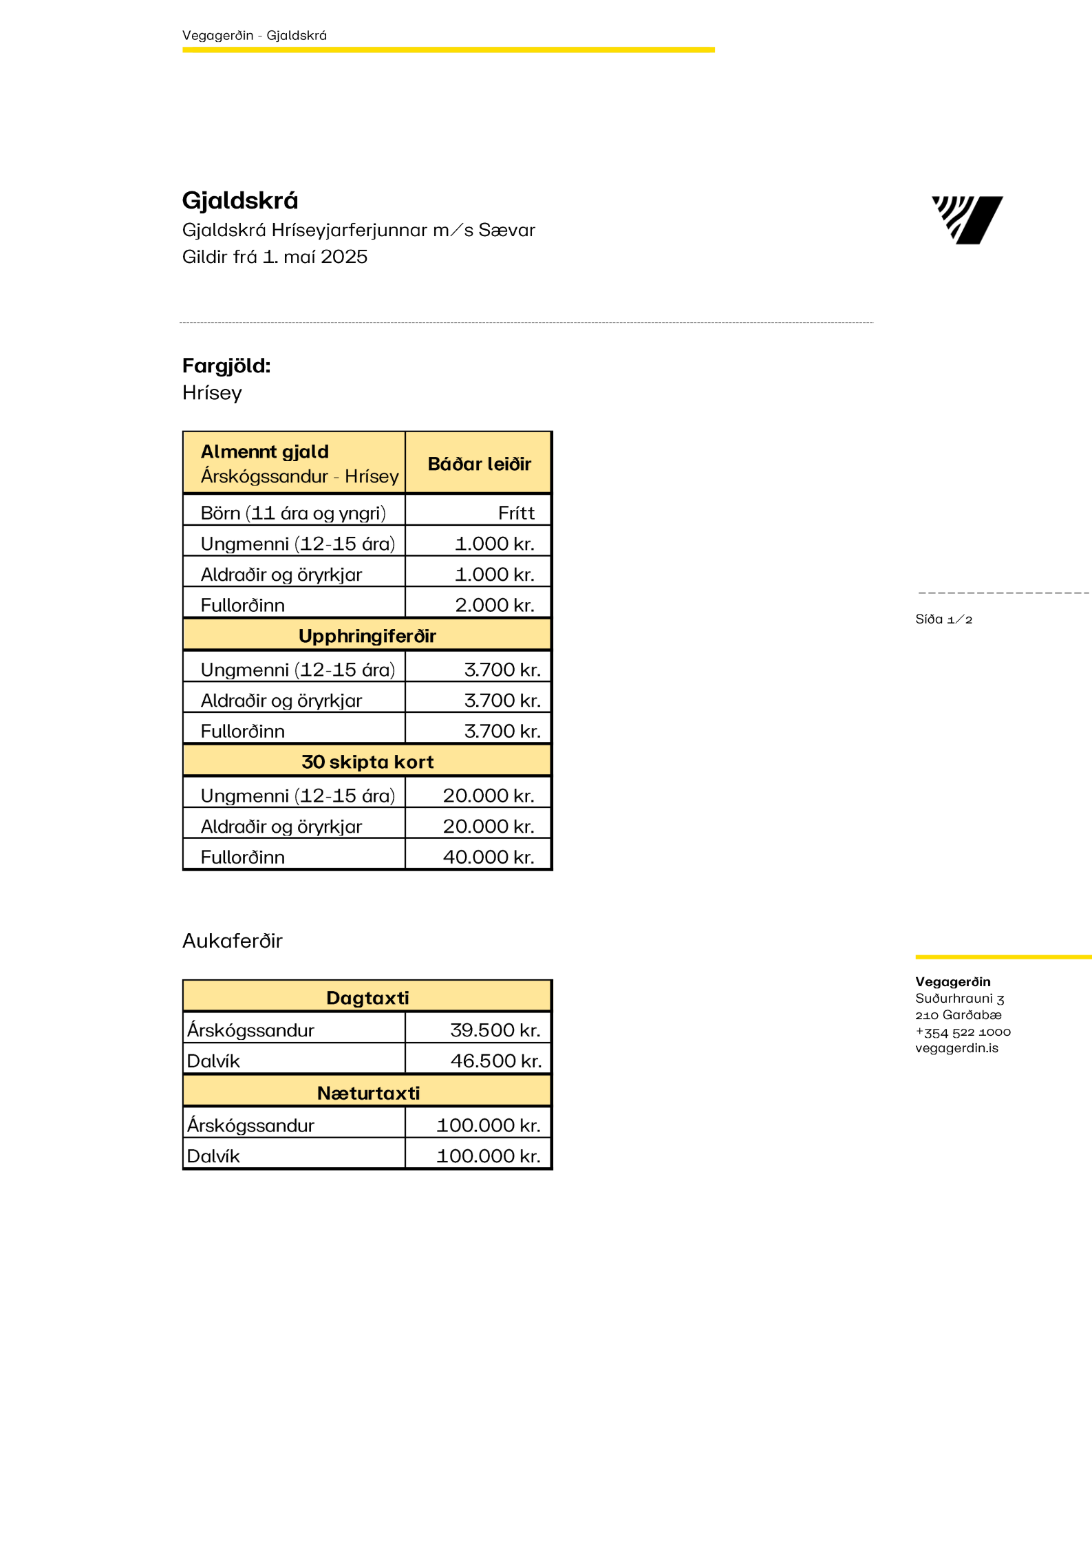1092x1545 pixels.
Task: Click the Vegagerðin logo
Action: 967,220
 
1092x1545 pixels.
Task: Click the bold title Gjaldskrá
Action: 240,200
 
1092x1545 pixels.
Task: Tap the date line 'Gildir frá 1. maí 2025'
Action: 275,257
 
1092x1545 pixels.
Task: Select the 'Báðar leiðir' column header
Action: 479,464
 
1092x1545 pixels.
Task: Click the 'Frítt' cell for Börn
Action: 516,513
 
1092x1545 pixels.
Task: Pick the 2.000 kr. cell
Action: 494,605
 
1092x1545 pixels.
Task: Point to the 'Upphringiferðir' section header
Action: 367,636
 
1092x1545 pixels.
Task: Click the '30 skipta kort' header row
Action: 367,762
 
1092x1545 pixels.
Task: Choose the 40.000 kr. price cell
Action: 488,857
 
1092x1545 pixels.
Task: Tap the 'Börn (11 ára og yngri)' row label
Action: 293,513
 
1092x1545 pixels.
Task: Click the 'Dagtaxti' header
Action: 367,998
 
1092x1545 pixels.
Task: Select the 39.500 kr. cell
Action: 495,1030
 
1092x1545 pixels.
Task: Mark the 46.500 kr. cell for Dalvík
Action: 495,1061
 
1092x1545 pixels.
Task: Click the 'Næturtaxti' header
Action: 367,1093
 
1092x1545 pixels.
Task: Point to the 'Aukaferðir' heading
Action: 233,941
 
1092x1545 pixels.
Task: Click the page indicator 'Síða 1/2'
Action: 943,619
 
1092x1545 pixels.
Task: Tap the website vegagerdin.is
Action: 956,1048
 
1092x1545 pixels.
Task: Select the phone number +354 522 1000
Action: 963,1032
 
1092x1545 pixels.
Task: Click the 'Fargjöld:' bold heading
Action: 226,365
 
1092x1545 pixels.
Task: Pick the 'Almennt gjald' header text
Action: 265,451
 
